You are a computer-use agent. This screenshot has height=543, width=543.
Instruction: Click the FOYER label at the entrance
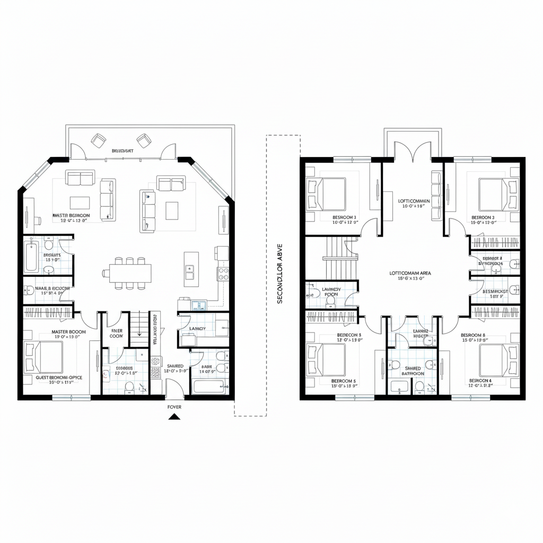[174, 407]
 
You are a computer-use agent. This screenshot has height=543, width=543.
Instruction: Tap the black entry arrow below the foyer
[174, 418]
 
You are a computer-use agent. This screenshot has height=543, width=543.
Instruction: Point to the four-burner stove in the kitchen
[223, 274]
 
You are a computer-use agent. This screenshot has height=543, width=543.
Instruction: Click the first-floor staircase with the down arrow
[139, 329]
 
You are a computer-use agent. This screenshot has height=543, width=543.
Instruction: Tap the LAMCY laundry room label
[197, 329]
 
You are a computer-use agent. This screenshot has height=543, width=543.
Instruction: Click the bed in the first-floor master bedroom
[45, 356]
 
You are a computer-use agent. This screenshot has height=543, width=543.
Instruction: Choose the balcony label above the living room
[122, 151]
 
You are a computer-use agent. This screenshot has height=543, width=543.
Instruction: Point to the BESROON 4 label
[480, 381]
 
